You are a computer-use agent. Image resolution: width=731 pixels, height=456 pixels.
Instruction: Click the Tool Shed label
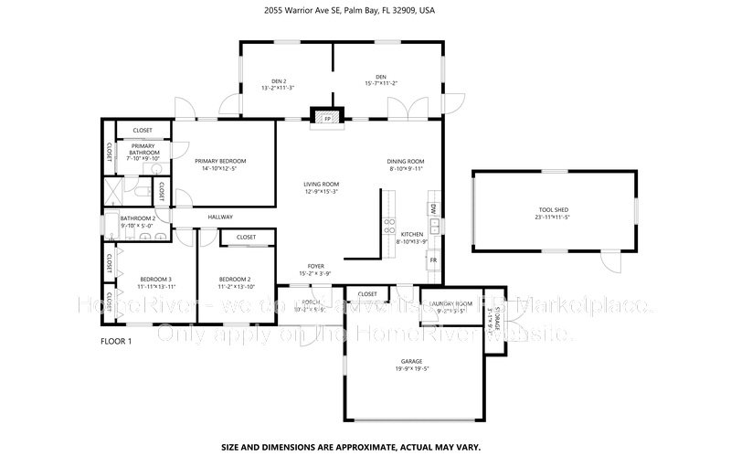coord(552,212)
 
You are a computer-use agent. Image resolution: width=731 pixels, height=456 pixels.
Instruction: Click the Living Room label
coord(322,185)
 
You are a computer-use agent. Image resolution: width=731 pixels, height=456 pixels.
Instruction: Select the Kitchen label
coord(413,235)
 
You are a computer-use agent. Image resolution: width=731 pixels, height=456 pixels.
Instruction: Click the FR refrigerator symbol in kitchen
coord(433,260)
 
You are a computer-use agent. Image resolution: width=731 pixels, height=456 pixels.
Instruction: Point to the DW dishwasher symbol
coord(433,209)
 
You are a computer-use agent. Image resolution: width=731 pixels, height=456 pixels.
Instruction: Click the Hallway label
coord(220,217)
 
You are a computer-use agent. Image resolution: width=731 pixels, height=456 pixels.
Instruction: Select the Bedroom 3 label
coord(155,279)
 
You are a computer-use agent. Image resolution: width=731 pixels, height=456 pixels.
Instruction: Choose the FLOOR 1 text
coord(116,341)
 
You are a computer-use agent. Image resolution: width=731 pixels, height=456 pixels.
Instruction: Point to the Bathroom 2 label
coord(138,218)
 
